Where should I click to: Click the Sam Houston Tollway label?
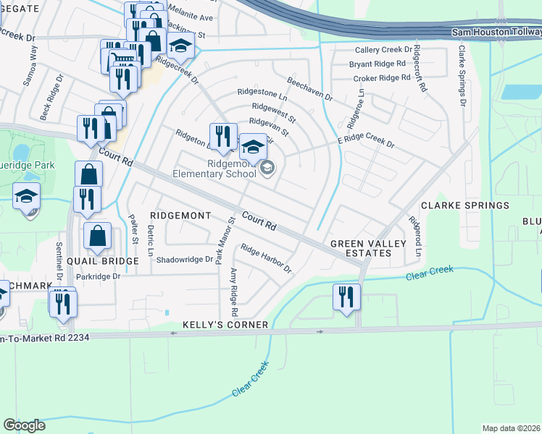[496, 33]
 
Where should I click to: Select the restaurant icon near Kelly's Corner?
[346, 297]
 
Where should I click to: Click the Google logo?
[24, 425]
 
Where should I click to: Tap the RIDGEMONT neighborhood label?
[180, 216]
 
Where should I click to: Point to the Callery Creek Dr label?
[383, 50]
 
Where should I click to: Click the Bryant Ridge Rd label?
[377, 64]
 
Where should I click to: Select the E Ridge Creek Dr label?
[365, 140]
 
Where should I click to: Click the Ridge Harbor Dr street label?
[266, 259]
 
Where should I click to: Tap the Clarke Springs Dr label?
[460, 76]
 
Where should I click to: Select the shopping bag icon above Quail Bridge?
[97, 236]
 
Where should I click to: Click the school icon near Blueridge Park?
[27, 196]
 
